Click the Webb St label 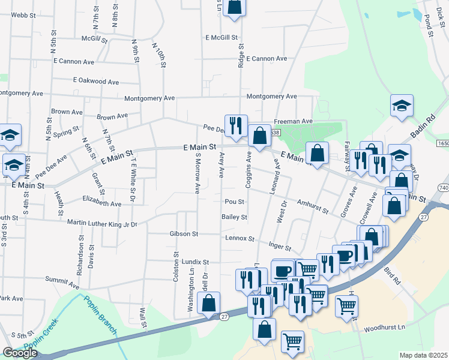tap(20, 14)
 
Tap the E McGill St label tap(222, 37)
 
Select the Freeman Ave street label tap(294, 121)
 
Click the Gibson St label tap(184, 233)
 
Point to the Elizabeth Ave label tap(101, 204)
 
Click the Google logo tap(20, 353)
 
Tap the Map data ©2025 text tap(423, 355)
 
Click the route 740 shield tap(444, 188)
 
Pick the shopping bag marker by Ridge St tap(235, 7)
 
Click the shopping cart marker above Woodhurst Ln tap(347, 306)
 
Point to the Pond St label tap(429, 26)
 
